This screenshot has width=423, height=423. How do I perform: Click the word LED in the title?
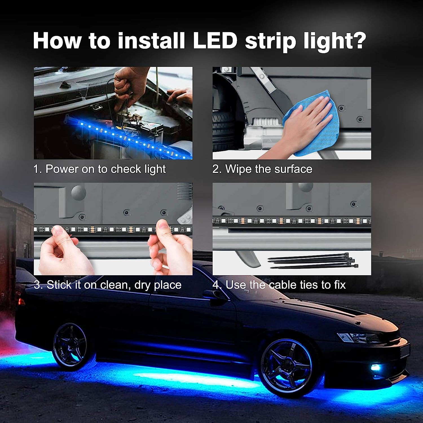coord(215,41)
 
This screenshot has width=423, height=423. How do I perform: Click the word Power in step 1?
coord(62,169)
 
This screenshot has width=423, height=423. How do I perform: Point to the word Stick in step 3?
coord(59,285)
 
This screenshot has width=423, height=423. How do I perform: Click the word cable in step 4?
coord(283,285)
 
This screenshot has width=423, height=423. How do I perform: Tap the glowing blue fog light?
coord(375,367)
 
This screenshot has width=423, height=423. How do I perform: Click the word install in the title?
coord(151,41)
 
